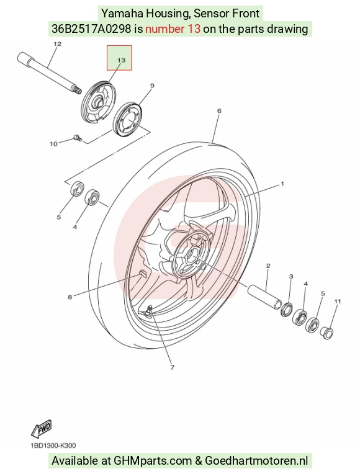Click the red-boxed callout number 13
[x=121, y=60]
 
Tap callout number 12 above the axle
[x=57, y=44]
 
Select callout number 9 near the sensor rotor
[x=152, y=86]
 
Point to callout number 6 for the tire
[x=219, y=111]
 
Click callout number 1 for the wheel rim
[x=282, y=184]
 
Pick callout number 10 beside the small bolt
[x=53, y=144]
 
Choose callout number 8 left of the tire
[x=70, y=297]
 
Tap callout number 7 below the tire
[x=172, y=367]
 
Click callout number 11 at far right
[x=337, y=302]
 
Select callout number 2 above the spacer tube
[x=268, y=266]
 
